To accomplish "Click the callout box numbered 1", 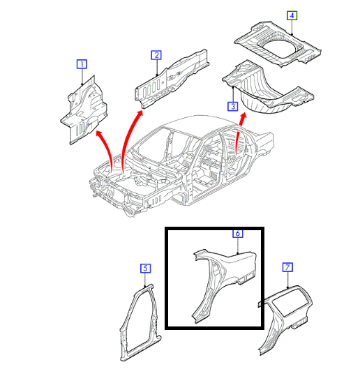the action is click(x=82, y=64).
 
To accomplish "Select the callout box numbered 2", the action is click(x=156, y=55).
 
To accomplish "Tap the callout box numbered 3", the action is click(x=232, y=106).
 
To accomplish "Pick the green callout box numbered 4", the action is click(x=292, y=15).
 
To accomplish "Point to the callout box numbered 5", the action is click(x=145, y=268).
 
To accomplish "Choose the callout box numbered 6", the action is click(x=237, y=233).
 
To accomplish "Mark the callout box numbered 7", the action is click(x=287, y=267).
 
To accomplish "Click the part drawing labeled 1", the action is click(x=84, y=110).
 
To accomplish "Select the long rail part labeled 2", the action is click(x=172, y=79).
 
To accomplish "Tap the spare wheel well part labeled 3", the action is click(x=267, y=89).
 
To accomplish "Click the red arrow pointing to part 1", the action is click(x=108, y=146).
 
